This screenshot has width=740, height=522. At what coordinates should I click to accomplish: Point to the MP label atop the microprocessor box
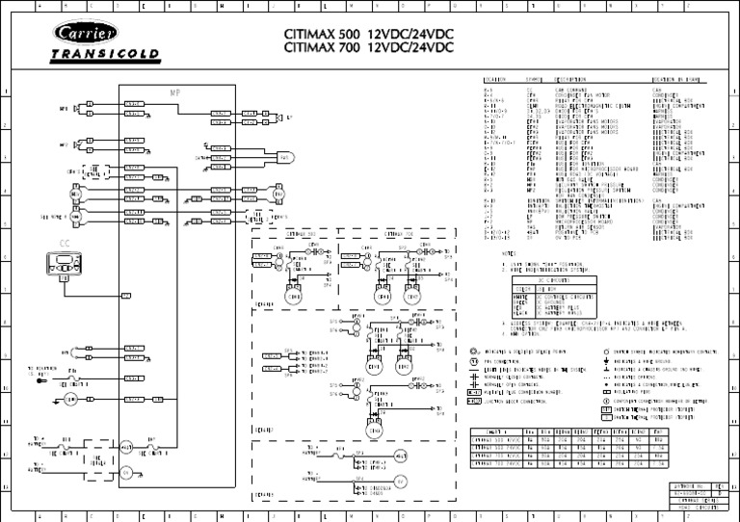pos(174,92)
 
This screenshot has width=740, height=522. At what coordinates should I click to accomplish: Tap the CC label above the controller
pos(65,244)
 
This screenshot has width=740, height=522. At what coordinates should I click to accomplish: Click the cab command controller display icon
pos(65,263)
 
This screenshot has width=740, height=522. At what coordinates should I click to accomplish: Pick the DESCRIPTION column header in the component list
pos(569,80)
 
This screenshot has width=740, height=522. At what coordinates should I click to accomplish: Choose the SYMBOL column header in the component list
pos(534,80)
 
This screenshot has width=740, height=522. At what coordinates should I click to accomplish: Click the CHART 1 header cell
pos(498,434)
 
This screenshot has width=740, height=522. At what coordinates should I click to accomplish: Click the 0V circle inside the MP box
pos(125,473)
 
